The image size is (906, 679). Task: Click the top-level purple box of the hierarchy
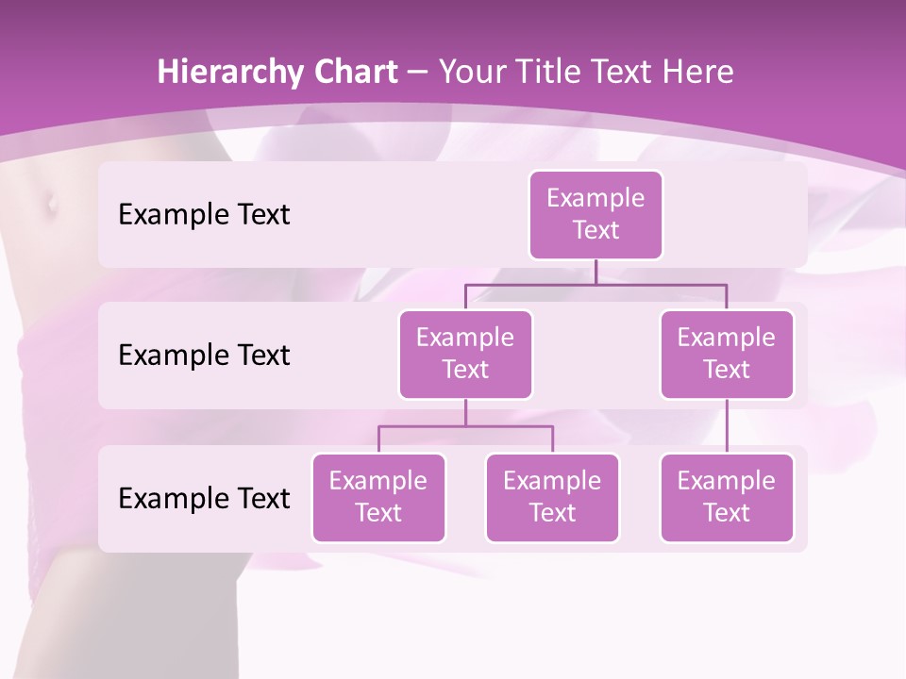tap(596, 214)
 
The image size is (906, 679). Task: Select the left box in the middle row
tap(465, 354)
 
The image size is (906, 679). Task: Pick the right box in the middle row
tap(727, 354)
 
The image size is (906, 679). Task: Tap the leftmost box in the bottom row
tap(378, 497)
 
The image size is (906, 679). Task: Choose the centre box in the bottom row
tap(552, 497)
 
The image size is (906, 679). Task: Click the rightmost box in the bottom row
tap(727, 497)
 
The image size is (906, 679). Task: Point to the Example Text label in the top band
tap(204, 214)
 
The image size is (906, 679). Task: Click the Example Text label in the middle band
tap(204, 355)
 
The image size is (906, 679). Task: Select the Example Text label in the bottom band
tap(204, 498)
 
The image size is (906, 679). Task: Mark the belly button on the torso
tap(49, 201)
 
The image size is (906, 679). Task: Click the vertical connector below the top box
tap(596, 272)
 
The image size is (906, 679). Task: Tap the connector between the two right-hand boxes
tap(727, 426)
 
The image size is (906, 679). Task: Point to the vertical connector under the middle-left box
tap(465, 413)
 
